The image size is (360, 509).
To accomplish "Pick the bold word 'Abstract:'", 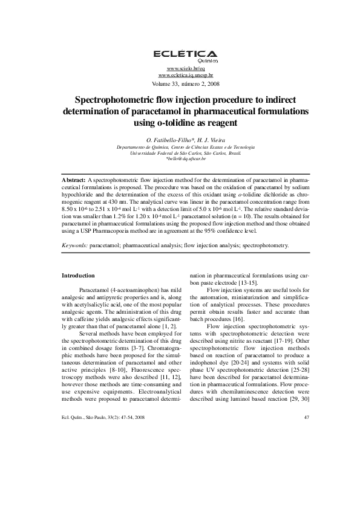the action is (x=74, y=180).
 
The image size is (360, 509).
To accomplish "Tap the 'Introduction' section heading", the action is (x=78, y=276).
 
